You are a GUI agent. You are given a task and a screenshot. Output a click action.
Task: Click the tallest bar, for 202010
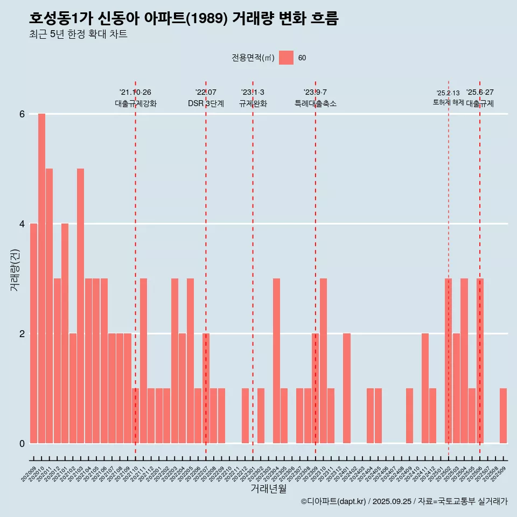(x=41, y=278)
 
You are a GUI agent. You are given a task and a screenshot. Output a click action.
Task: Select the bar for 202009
(x=33, y=333)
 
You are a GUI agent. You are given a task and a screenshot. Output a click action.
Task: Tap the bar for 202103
(x=80, y=306)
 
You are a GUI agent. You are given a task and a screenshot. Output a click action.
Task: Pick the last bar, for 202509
(x=503, y=416)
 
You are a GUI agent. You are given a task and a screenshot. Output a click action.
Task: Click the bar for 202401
(x=346, y=388)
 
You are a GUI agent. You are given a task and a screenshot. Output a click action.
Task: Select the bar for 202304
(x=276, y=361)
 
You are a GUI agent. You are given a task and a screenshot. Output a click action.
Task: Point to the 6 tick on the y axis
(x=22, y=114)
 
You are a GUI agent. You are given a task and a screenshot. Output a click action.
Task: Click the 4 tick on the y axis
(x=22, y=223)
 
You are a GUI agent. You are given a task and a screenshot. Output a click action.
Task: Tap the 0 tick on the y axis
(x=22, y=443)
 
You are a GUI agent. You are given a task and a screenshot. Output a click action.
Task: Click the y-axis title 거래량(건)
(x=15, y=270)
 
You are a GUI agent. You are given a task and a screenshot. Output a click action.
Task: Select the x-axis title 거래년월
(x=268, y=488)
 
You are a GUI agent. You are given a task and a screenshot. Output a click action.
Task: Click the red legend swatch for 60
(x=286, y=58)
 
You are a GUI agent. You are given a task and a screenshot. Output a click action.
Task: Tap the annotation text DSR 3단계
(x=206, y=103)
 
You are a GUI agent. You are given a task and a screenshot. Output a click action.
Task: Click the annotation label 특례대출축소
(x=315, y=103)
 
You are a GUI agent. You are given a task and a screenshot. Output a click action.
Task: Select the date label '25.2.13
(x=448, y=93)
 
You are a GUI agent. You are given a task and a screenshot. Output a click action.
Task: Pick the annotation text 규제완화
(x=253, y=103)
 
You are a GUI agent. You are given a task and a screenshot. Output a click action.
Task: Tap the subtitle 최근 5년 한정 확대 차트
(x=78, y=35)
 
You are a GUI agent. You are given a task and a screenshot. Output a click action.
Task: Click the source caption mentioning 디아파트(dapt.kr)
(x=404, y=501)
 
